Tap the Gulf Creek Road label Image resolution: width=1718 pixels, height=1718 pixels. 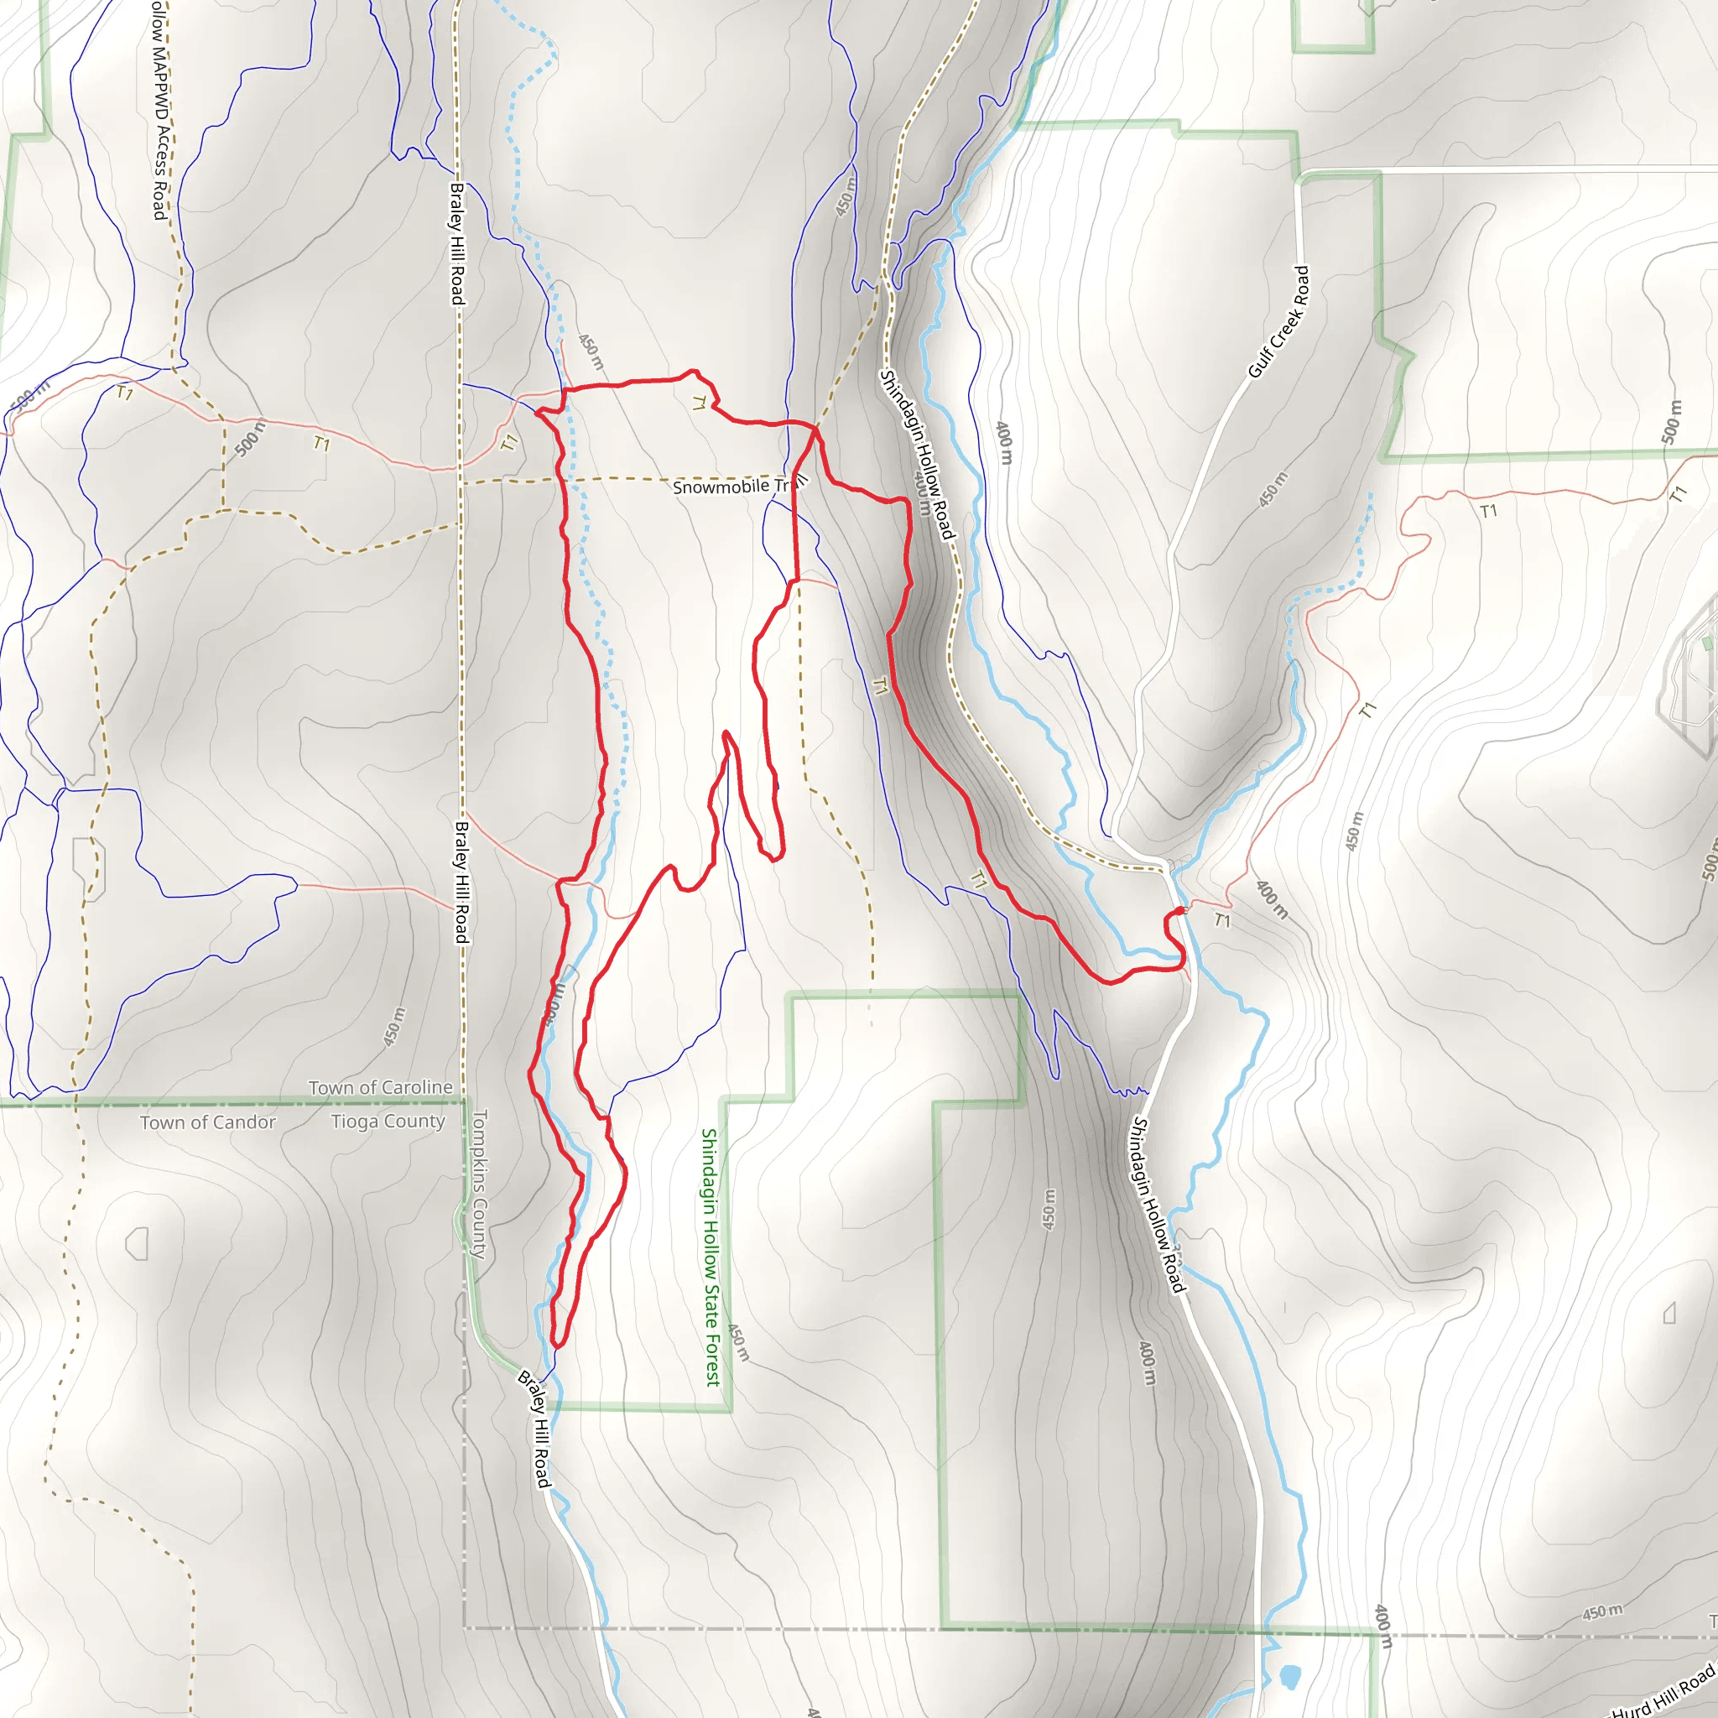click(x=1278, y=322)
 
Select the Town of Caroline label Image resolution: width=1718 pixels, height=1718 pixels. click(x=381, y=1087)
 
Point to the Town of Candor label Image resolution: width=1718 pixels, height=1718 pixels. click(x=207, y=1122)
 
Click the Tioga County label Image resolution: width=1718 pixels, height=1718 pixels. click(x=388, y=1122)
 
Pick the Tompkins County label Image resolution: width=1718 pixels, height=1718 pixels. click(x=479, y=1184)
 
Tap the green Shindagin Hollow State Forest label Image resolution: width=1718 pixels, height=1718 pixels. click(x=711, y=1257)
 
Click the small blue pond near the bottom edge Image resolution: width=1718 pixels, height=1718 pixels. click(x=1288, y=1677)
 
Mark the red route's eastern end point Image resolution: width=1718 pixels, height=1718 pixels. click(x=1181, y=909)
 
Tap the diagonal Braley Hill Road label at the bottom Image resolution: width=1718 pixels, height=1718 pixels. click(x=535, y=1429)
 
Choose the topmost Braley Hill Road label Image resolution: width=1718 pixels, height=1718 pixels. click(x=457, y=243)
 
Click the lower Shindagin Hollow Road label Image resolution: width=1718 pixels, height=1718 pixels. click(x=1157, y=1205)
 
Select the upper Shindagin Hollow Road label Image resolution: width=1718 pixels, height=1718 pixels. click(x=916, y=455)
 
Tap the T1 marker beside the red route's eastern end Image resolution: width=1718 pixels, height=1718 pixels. click(x=1223, y=920)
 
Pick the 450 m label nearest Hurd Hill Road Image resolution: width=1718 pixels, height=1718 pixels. click(x=1602, y=1612)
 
